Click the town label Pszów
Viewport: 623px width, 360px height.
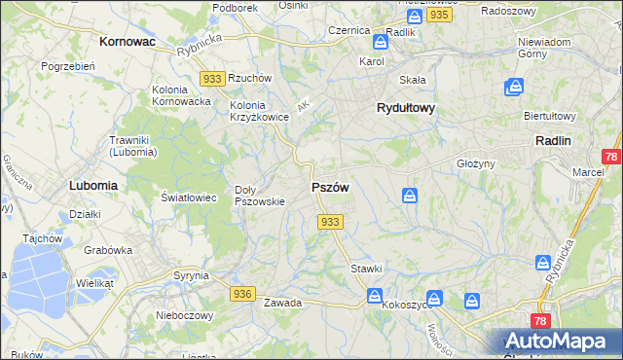tap(330, 187)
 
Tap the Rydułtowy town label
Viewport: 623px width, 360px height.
tap(406, 109)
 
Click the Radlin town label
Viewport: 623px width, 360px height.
tap(553, 140)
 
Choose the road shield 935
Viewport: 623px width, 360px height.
tap(438, 16)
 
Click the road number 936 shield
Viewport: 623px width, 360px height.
tap(243, 293)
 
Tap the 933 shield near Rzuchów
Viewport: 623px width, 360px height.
tap(212, 78)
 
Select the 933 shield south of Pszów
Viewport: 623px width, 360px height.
tap(330, 223)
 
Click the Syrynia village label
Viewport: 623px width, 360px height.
tap(191, 275)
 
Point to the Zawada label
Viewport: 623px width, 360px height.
tap(282, 303)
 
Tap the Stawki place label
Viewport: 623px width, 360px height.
tap(366, 268)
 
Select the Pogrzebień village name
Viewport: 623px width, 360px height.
tap(67, 66)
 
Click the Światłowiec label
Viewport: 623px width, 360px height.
tap(189, 197)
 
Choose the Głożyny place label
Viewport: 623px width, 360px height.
tap(477, 163)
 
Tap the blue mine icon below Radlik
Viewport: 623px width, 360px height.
tap(380, 43)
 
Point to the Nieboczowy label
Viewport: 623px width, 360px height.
tap(185, 315)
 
